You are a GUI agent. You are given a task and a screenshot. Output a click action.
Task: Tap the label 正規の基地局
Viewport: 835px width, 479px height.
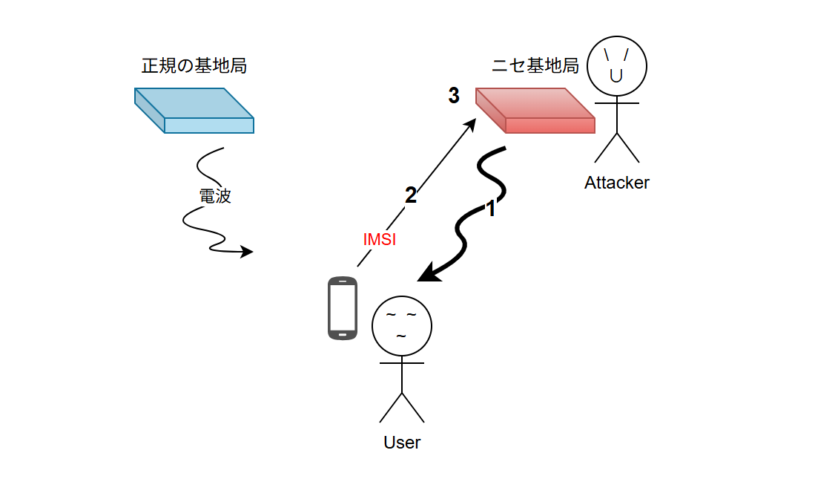(x=194, y=66)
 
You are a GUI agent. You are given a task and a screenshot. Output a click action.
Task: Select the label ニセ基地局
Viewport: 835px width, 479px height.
(x=535, y=66)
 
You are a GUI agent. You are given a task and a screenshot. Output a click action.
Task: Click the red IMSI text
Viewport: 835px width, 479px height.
(x=380, y=240)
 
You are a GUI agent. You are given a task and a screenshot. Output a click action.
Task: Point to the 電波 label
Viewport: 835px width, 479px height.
(x=215, y=197)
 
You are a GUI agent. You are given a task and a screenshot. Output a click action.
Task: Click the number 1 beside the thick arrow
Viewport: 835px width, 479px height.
(x=490, y=209)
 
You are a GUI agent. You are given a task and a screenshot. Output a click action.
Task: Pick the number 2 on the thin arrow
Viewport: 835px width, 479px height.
(x=410, y=195)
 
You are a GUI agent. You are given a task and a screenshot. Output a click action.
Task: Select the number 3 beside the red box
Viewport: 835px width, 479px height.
(x=454, y=96)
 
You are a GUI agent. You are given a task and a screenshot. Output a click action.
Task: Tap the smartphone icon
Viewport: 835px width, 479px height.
(x=343, y=308)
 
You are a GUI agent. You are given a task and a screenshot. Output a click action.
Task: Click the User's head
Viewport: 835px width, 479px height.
(x=401, y=326)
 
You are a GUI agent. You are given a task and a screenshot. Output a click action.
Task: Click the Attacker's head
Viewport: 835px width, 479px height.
(x=616, y=65)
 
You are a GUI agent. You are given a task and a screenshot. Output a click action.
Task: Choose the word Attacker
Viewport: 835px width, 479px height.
(x=616, y=183)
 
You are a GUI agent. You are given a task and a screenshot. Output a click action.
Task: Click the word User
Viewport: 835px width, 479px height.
(x=402, y=443)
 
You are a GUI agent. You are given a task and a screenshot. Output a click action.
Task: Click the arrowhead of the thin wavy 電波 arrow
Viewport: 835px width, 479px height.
(x=248, y=252)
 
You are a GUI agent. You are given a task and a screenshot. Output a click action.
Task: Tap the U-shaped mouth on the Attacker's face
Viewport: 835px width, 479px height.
(x=616, y=75)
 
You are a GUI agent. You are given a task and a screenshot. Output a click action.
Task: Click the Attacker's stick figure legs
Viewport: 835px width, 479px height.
(x=616, y=149)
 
